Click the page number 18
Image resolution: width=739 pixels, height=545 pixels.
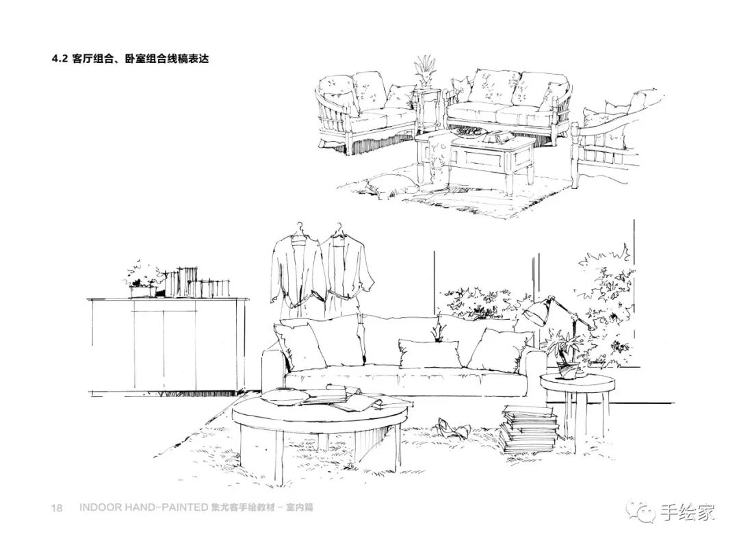point(57,508)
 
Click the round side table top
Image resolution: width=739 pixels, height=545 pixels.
point(576,382)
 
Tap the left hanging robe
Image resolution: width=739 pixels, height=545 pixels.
point(294,274)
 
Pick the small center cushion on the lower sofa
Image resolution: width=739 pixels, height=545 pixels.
point(429,353)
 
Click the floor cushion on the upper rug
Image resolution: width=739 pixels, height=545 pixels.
point(390,183)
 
